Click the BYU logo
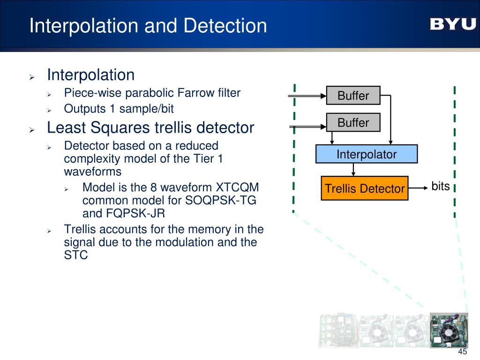tap(452, 24)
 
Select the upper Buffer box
tap(353, 96)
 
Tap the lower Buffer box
tap(353, 123)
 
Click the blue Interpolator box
tap(367, 154)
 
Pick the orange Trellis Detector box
tap(365, 188)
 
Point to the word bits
tap(441, 186)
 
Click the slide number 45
tap(463, 352)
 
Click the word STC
tap(75, 255)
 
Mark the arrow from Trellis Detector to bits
tap(418, 188)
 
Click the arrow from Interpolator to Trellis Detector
tap(365, 170)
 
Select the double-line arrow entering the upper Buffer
tap(307, 96)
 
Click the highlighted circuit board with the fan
tap(449, 330)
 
